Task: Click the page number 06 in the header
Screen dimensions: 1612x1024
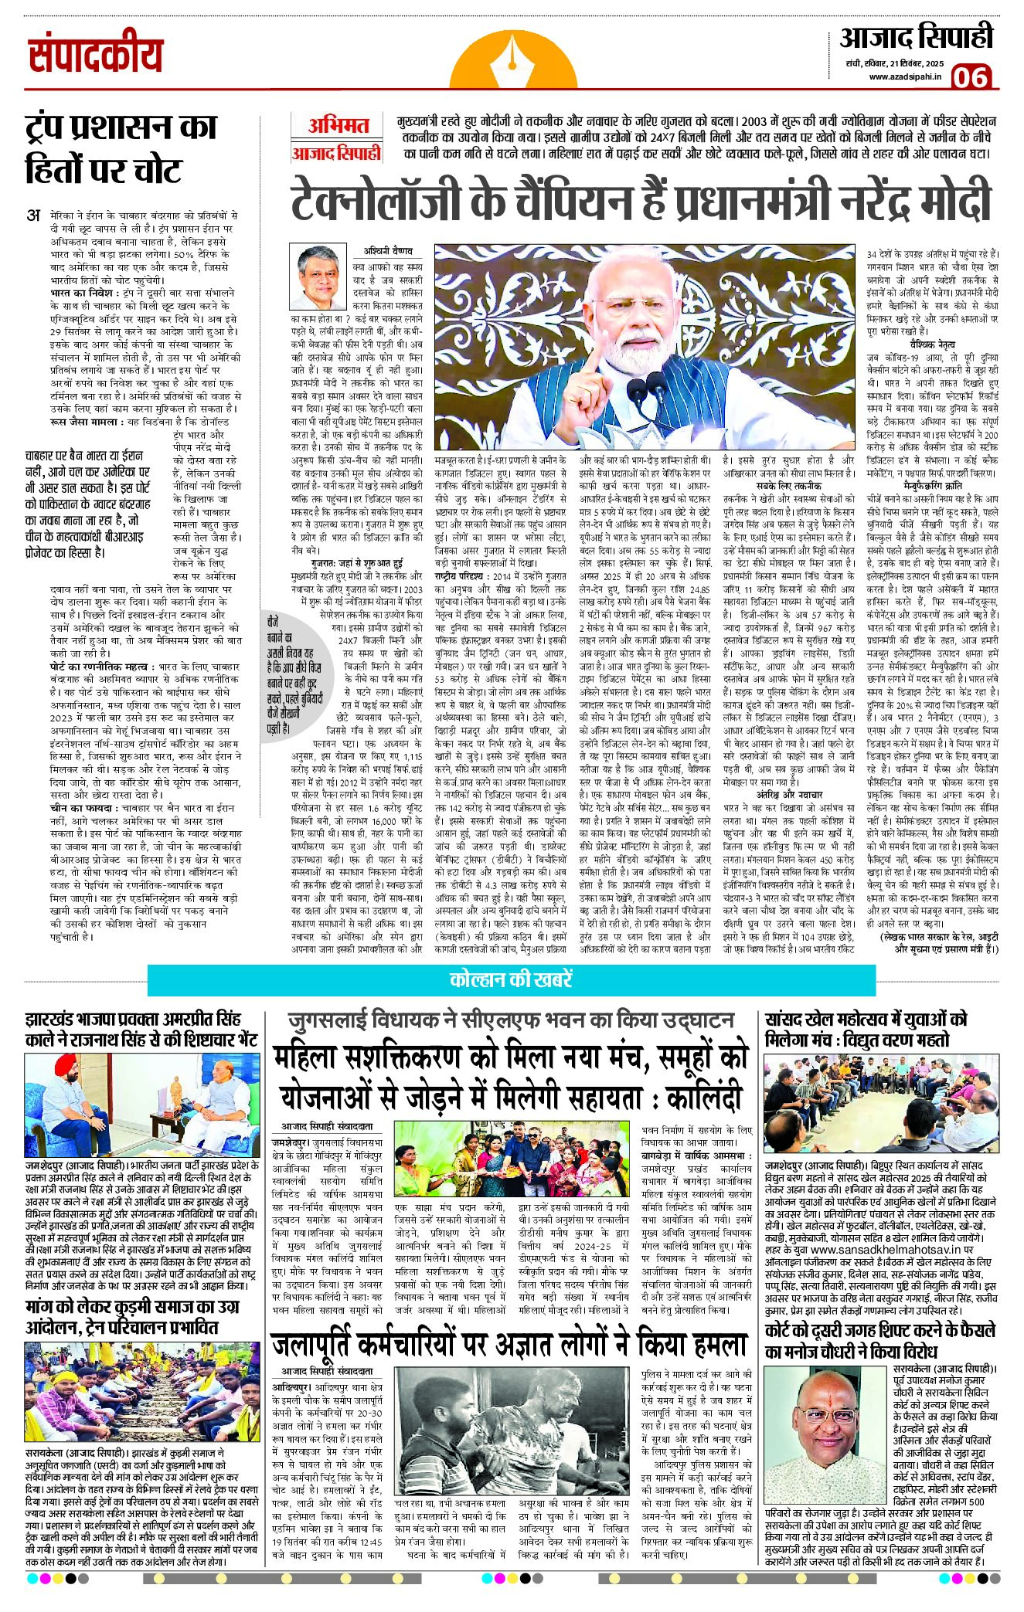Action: click(x=971, y=77)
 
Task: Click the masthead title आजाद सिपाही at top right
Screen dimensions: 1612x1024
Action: click(x=916, y=39)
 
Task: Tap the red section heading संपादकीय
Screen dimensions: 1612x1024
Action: click(x=95, y=56)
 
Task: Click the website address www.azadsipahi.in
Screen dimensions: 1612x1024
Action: click(x=904, y=76)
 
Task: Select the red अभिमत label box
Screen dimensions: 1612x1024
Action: click(x=338, y=125)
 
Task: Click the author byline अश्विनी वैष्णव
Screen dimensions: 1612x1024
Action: click(x=388, y=251)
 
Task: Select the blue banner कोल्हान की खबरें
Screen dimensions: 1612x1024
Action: click(x=511, y=979)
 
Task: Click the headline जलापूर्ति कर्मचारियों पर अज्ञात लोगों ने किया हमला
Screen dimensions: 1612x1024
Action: click(x=509, y=1345)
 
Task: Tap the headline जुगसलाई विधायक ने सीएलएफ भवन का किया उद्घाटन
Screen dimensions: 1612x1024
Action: click(x=511, y=1020)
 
